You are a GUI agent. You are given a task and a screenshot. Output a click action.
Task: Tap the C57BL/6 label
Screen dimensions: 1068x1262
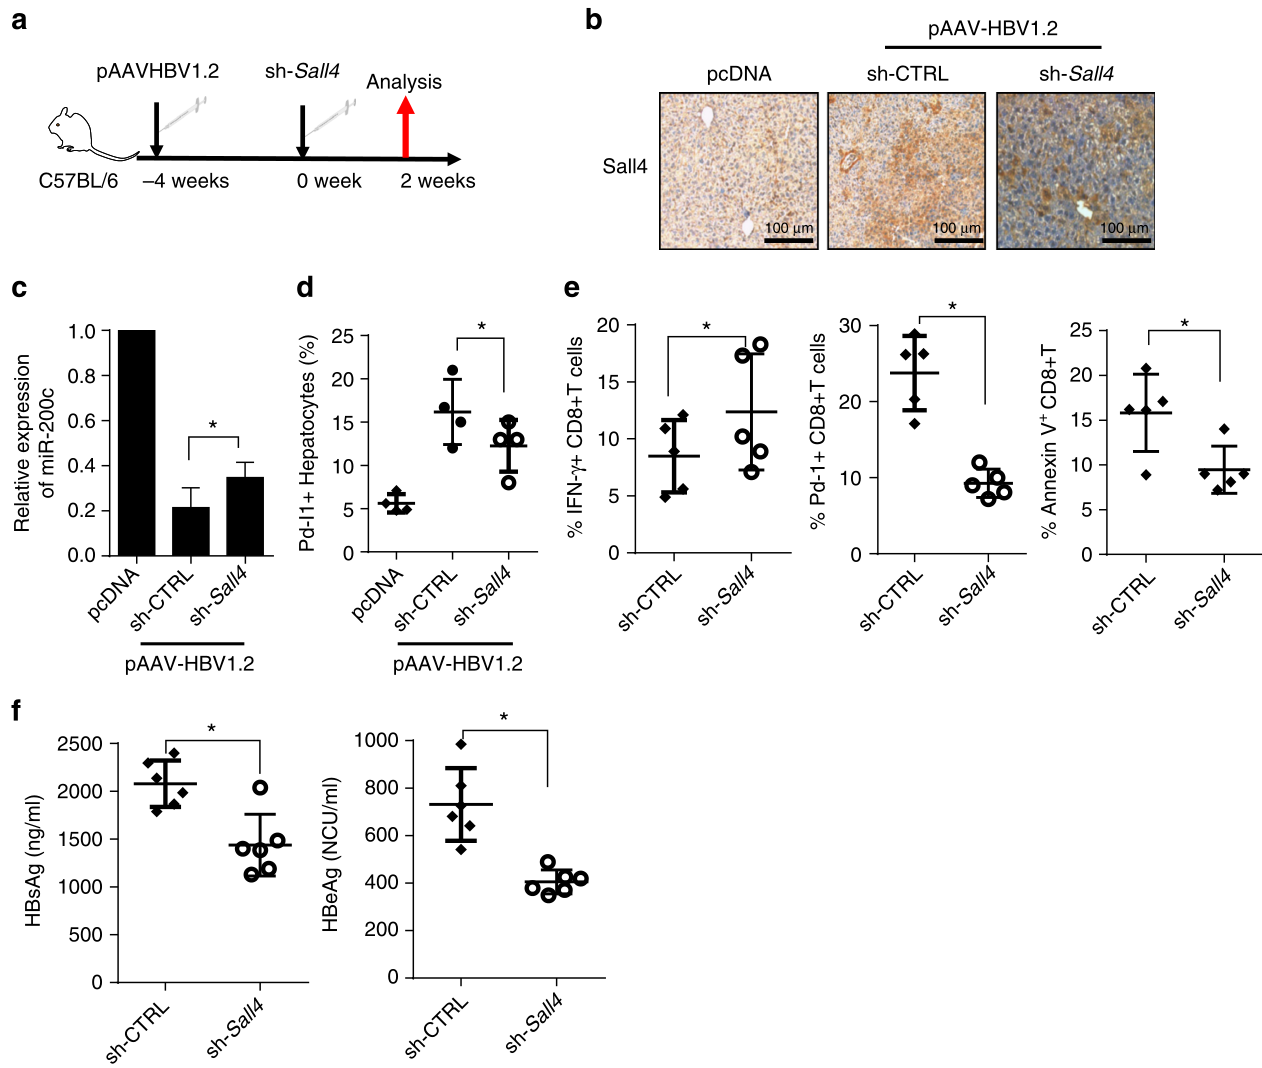pyautogui.click(x=78, y=181)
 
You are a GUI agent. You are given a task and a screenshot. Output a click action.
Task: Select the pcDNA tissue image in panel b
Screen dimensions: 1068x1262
pyautogui.click(x=739, y=171)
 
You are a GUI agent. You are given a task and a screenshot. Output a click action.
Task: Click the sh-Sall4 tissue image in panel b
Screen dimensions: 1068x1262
pyautogui.click(x=1075, y=171)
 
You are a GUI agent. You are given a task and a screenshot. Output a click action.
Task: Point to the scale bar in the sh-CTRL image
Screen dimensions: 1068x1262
pyautogui.click(x=957, y=240)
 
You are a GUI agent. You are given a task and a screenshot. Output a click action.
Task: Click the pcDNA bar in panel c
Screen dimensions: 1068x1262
pyautogui.click(x=137, y=442)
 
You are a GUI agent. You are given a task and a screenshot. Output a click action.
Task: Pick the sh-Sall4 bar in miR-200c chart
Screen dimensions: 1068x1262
pyautogui.click(x=245, y=516)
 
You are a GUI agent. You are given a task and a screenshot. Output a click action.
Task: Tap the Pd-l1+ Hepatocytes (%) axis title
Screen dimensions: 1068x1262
pyautogui.click(x=308, y=443)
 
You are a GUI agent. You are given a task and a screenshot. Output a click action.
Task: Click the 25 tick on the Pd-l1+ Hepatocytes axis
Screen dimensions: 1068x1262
pyautogui.click(x=342, y=336)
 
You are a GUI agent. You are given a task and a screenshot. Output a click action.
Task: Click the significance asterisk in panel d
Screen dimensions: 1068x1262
pyautogui.click(x=481, y=327)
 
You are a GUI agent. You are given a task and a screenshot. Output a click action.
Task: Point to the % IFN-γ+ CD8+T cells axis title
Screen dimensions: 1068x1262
pyautogui.click(x=575, y=437)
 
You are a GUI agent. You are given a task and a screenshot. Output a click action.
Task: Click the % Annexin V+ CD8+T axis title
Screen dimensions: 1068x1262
pyautogui.click(x=1049, y=442)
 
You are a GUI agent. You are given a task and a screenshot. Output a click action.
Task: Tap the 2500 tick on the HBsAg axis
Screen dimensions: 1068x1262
pyautogui.click(x=80, y=744)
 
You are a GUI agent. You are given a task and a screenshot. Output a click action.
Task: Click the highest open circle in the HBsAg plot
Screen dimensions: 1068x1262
pyautogui.click(x=260, y=788)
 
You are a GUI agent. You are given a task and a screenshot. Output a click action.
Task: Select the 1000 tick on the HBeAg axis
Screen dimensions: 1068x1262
pyautogui.click(x=376, y=741)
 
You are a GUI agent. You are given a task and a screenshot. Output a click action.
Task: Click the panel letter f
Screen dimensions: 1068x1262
pyautogui.click(x=16, y=711)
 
